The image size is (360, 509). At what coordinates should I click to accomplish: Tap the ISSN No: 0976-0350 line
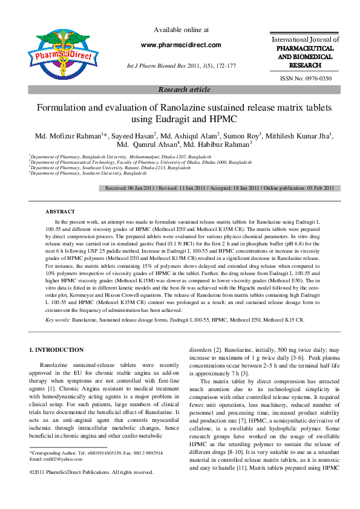pos(305,79)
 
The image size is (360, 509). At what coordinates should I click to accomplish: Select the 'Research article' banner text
pos(184,89)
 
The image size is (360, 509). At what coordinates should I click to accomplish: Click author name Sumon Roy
pos(241,135)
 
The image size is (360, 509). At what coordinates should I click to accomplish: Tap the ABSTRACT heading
pos(61,212)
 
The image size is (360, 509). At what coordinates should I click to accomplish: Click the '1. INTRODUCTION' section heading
pos(57,350)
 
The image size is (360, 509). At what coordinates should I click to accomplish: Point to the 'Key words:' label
pos(58,319)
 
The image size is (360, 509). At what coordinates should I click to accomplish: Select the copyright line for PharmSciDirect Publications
pos(91,472)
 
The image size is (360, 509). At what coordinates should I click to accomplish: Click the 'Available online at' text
pos(182,30)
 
